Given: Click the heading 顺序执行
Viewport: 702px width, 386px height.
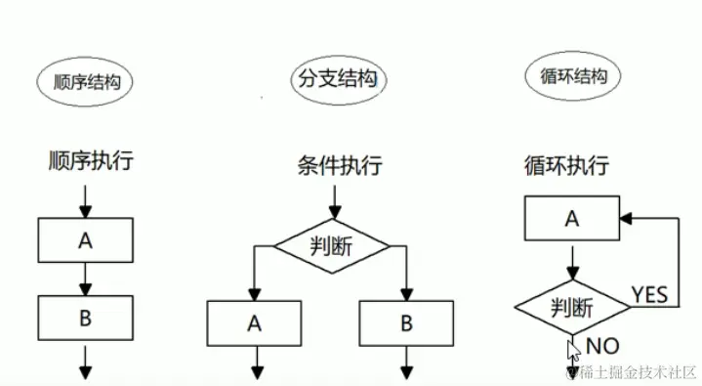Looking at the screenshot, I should [x=89, y=159].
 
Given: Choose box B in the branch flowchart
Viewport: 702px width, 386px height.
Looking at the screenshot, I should [x=406, y=322].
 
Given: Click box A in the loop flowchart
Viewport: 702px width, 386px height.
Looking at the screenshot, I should [x=572, y=219].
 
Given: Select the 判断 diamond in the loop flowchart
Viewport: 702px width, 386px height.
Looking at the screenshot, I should [x=572, y=307].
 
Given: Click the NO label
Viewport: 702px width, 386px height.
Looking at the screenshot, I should [x=602, y=345].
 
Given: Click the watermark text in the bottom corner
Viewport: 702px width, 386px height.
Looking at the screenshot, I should [x=629, y=371].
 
